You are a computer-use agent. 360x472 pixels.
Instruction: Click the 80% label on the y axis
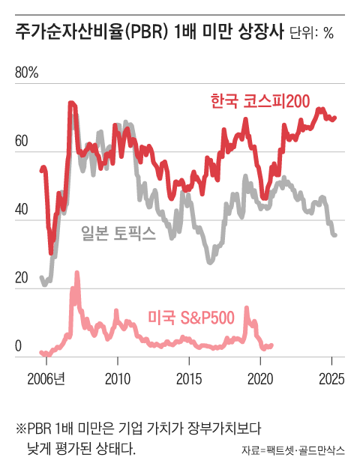27,73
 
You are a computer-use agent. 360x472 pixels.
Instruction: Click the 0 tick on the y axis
19,347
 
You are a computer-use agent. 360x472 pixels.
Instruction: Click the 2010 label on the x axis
118,377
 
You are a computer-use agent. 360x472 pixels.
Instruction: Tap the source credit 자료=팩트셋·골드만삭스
293,451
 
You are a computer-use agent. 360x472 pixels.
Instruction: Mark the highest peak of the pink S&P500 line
76,274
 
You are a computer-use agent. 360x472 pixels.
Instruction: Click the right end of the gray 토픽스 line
335,235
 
